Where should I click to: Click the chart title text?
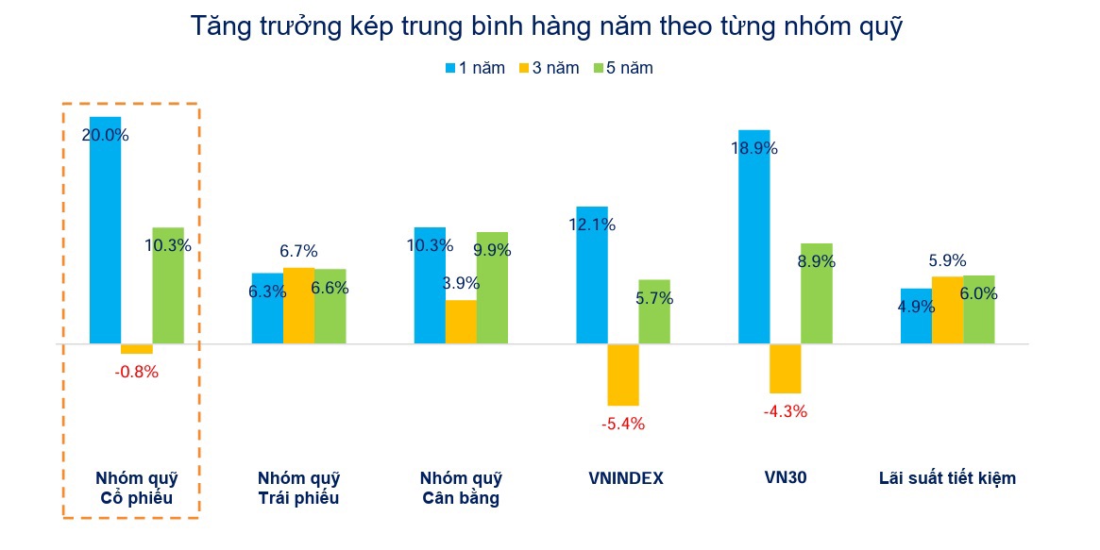548,26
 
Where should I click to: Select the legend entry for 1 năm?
474,68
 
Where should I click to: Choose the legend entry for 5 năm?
622,68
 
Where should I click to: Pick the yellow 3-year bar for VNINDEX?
623,375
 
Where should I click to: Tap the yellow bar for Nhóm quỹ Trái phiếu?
299,305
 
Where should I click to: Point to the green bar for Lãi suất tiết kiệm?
979,309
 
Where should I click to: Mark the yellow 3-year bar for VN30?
786,368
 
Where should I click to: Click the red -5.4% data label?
623,425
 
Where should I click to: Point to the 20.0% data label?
106,135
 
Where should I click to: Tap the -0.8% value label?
137,372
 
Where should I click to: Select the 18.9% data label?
754,148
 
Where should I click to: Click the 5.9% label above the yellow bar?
947,261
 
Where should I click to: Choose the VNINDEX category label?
626,478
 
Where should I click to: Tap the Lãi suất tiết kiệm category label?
947,478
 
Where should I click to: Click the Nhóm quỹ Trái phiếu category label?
298,489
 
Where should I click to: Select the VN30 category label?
786,477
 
